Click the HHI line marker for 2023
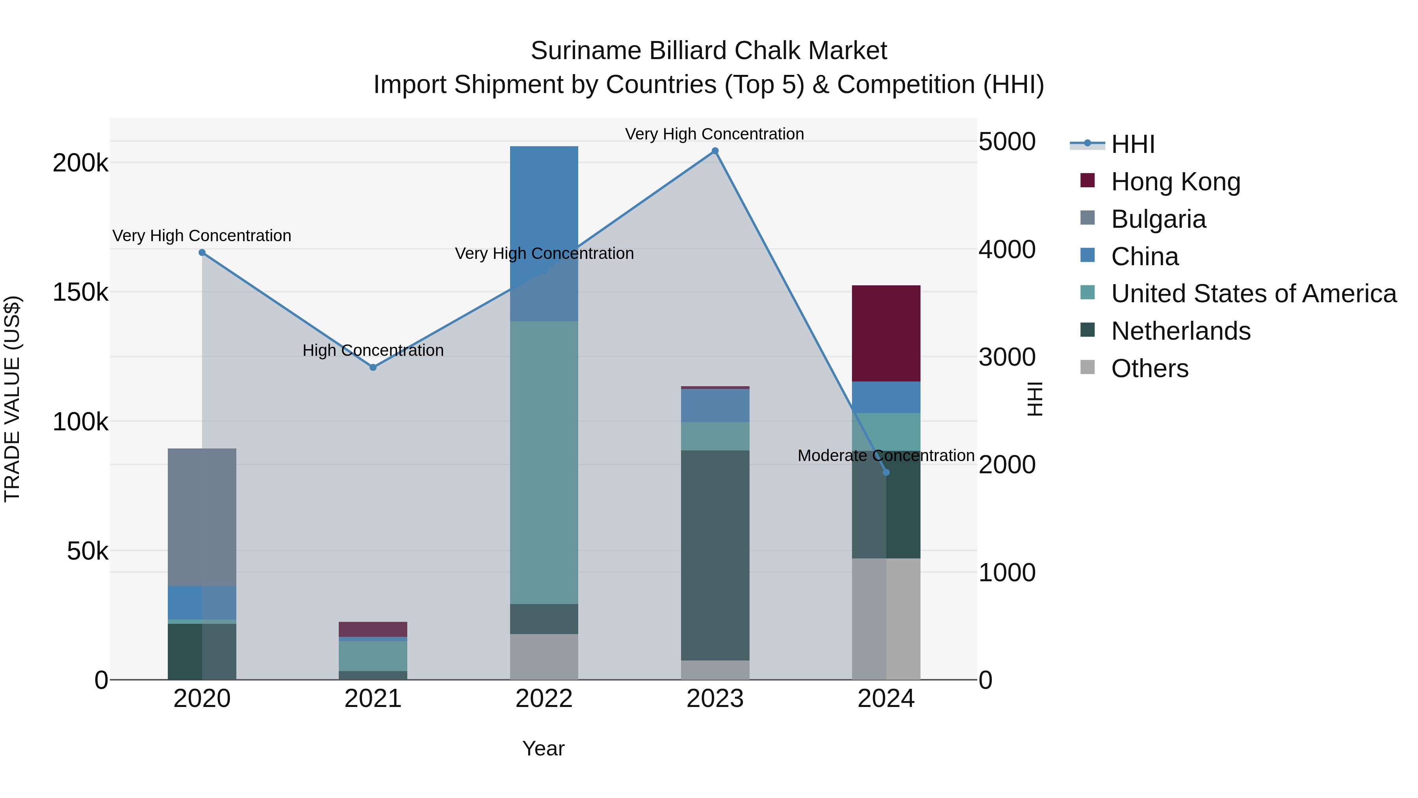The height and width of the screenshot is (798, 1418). pos(715,151)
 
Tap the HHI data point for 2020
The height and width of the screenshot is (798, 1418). pos(202,253)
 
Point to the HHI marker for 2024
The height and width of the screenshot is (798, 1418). pos(886,472)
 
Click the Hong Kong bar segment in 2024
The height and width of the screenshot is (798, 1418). pos(886,333)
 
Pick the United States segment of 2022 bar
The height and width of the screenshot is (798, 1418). pos(544,463)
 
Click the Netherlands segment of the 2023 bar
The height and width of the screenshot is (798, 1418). pos(715,555)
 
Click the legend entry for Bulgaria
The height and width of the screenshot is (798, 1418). pos(1158,219)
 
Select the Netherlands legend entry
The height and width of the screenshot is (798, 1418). pos(1180,331)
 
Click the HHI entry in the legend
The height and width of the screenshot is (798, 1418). pos(1132,144)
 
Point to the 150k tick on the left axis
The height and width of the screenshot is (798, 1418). pos(80,292)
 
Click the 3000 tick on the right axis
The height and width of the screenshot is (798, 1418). pos(1007,357)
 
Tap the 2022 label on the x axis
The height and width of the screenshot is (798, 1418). pos(544,699)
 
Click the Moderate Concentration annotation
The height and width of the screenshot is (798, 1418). pos(886,456)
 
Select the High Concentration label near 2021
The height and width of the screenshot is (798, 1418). pos(373,350)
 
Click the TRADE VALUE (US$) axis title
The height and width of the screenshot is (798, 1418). pos(12,399)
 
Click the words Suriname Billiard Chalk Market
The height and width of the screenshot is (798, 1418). pos(709,51)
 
